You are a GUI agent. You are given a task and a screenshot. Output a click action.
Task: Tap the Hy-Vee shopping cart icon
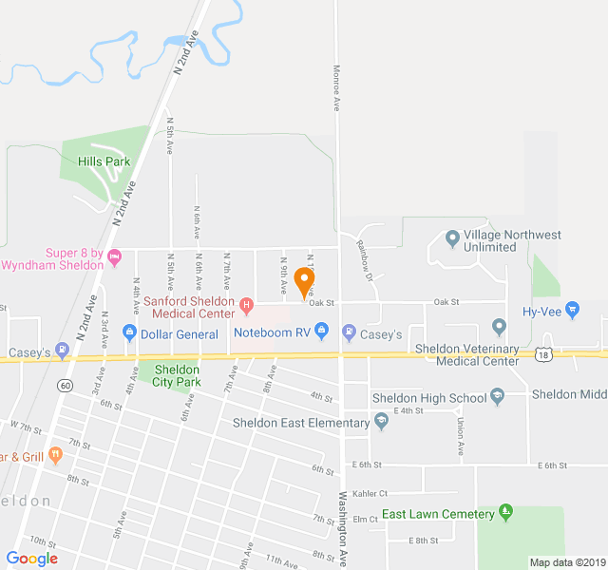click(572, 309)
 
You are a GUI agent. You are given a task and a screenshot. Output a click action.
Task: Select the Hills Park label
click(104, 162)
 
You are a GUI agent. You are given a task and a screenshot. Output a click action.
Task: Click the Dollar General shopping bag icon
click(130, 333)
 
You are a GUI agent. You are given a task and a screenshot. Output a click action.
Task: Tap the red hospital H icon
click(247, 305)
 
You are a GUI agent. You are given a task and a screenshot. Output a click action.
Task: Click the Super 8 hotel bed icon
click(115, 256)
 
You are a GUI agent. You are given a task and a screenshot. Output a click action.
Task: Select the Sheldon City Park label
click(177, 375)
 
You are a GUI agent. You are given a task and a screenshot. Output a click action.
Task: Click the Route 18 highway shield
click(542, 354)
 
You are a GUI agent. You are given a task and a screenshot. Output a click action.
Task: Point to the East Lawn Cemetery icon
click(505, 513)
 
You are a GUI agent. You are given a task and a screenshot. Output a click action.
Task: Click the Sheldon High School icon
click(497, 396)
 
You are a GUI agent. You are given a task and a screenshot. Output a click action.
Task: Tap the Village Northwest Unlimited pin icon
click(452, 237)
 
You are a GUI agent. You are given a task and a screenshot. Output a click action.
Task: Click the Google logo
click(31, 559)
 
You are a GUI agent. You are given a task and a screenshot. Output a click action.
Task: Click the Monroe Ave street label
click(336, 87)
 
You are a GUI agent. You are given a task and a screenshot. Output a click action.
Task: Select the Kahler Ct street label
click(370, 493)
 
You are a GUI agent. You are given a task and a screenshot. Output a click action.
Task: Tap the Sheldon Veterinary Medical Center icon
click(500, 328)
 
